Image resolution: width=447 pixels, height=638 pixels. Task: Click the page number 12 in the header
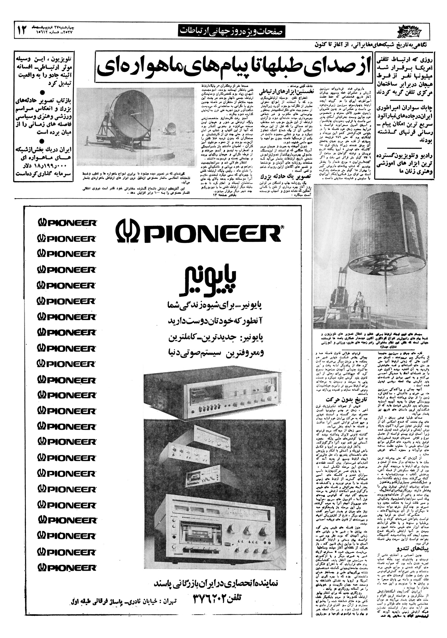coord(22,31)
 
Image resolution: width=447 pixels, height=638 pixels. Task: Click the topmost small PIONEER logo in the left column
coord(66,223)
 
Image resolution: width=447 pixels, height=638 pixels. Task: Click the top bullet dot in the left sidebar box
coord(42,93)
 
